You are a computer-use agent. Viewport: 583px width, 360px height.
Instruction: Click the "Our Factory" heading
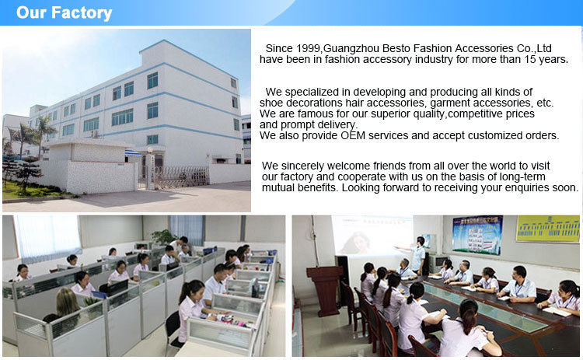click(x=64, y=12)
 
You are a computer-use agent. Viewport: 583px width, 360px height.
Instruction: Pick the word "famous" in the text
click(x=314, y=114)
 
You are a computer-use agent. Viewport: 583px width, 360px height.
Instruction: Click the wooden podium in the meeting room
click(x=326, y=290)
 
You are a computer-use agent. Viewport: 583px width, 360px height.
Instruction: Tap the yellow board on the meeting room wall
click(x=548, y=229)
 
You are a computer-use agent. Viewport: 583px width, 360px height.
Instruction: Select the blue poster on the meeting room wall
click(x=477, y=235)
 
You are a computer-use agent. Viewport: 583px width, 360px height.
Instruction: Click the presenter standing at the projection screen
click(x=418, y=255)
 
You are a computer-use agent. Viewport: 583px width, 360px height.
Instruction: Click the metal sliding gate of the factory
click(x=181, y=177)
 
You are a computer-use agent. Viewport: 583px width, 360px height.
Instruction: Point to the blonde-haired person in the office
click(x=67, y=308)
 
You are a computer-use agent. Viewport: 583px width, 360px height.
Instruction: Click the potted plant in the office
click(x=163, y=237)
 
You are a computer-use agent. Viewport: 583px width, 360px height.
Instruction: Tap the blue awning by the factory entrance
click(x=133, y=153)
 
